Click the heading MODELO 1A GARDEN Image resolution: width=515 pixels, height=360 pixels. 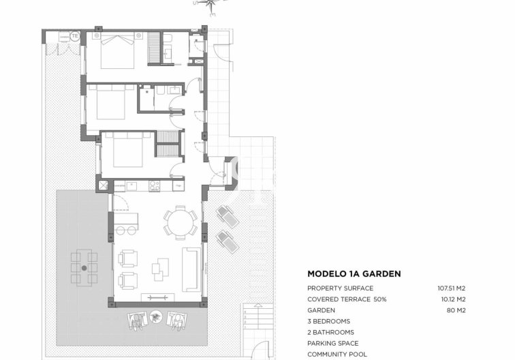click(x=354, y=274)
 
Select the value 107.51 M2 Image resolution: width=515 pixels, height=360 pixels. click(x=451, y=288)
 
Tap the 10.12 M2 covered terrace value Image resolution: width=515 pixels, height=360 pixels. click(x=452, y=299)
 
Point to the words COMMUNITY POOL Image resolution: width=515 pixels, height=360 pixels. click(x=337, y=354)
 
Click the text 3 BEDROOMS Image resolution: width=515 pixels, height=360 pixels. click(x=328, y=321)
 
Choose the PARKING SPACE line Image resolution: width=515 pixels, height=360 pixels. click(x=332, y=343)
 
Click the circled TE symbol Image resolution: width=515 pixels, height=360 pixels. click(x=74, y=35)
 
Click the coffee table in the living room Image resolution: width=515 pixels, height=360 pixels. click(x=161, y=267)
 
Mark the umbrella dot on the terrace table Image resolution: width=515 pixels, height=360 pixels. click(x=84, y=268)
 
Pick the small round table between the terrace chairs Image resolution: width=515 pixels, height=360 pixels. click(x=157, y=317)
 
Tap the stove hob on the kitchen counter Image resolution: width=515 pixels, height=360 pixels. click(x=154, y=184)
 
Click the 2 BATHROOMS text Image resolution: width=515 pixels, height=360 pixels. click(x=330, y=332)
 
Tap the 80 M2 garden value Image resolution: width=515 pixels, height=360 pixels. click(x=456, y=310)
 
